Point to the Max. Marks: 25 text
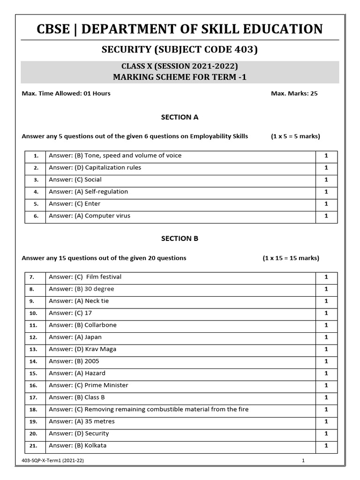click(294, 93)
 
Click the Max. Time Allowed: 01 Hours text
click(66, 93)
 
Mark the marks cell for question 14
click(326, 361)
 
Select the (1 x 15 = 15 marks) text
click(291, 258)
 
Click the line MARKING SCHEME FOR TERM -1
click(180, 77)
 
